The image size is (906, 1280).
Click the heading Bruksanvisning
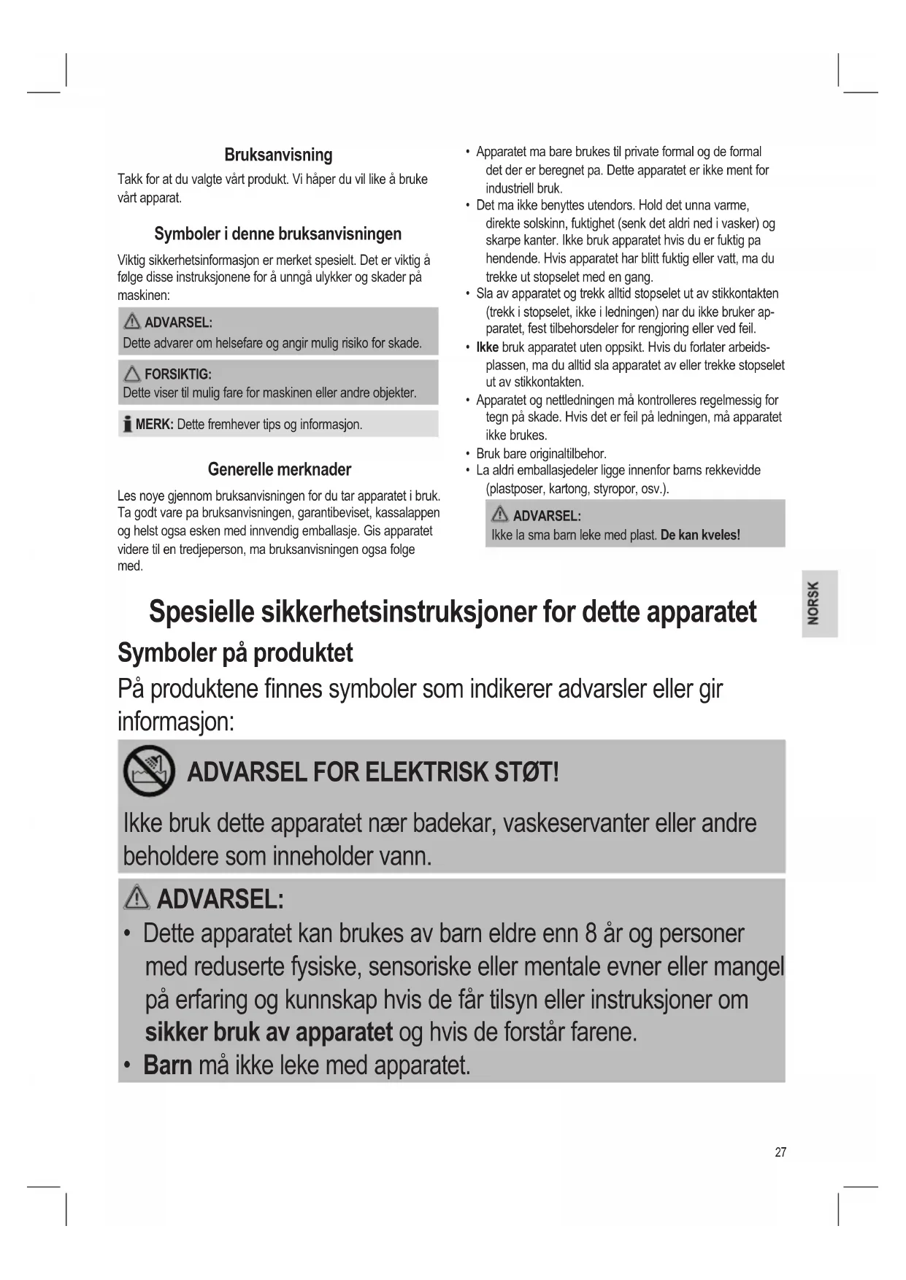pos(278,155)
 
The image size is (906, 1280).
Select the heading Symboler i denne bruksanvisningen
pos(277,234)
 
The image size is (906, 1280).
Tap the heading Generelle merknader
pos(279,469)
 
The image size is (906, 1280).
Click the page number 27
pos(780,1152)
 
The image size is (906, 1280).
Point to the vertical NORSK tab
pos(814,603)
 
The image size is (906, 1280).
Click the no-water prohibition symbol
pos(149,771)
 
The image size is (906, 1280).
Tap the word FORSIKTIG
pos(177,374)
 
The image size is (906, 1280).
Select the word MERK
pos(154,425)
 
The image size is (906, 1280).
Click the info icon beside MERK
pos(128,424)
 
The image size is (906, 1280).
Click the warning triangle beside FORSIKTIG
pos(131,374)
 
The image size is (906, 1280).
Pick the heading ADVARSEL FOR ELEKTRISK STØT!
pos(373,772)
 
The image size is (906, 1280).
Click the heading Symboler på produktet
pos(235,653)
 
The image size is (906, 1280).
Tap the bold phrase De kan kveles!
pos(699,535)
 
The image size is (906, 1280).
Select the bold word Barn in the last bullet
pos(167,1065)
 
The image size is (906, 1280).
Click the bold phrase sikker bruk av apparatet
pos(269,1032)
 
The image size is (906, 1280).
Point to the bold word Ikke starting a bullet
pos(487,347)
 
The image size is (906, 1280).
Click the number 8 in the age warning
pos(591,934)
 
